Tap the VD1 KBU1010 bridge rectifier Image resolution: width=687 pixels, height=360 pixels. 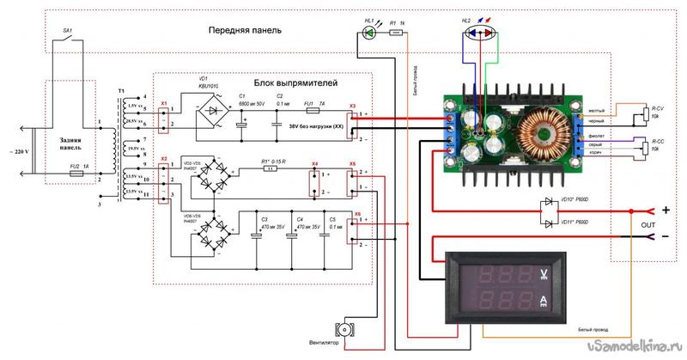click(x=210, y=118)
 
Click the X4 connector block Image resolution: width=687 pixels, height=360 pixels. click(x=314, y=179)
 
